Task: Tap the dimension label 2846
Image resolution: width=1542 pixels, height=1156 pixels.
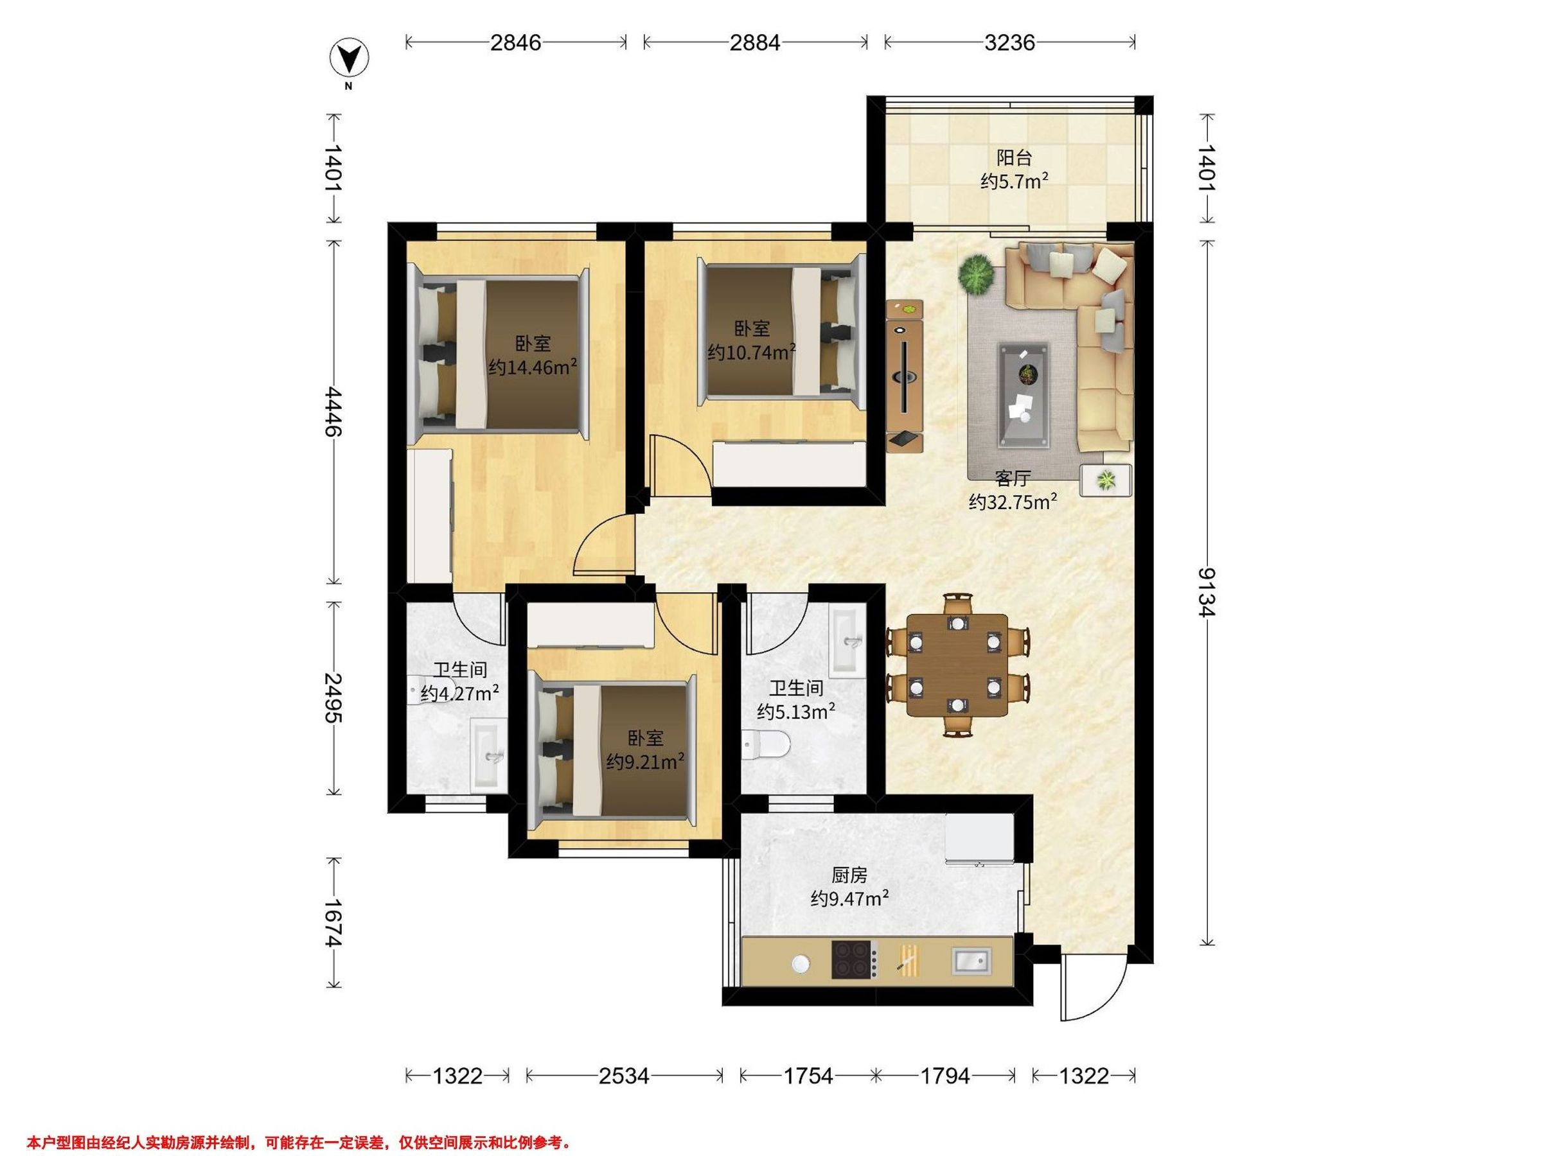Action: (x=516, y=42)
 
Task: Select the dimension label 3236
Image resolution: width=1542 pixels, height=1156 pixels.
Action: (x=1009, y=42)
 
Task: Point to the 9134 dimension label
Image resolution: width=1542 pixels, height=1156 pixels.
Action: (x=1206, y=593)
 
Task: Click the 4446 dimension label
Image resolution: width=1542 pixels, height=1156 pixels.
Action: (x=333, y=411)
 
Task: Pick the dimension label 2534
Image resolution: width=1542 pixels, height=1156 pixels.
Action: (x=624, y=1076)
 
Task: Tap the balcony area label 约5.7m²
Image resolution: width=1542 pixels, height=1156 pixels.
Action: (x=1015, y=182)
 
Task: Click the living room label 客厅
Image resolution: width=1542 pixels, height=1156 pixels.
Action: (x=1012, y=478)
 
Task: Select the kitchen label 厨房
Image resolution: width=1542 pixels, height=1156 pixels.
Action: (x=849, y=875)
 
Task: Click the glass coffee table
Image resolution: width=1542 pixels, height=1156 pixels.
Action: (x=1024, y=394)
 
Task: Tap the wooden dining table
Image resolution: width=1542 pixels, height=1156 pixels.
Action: (x=957, y=665)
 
